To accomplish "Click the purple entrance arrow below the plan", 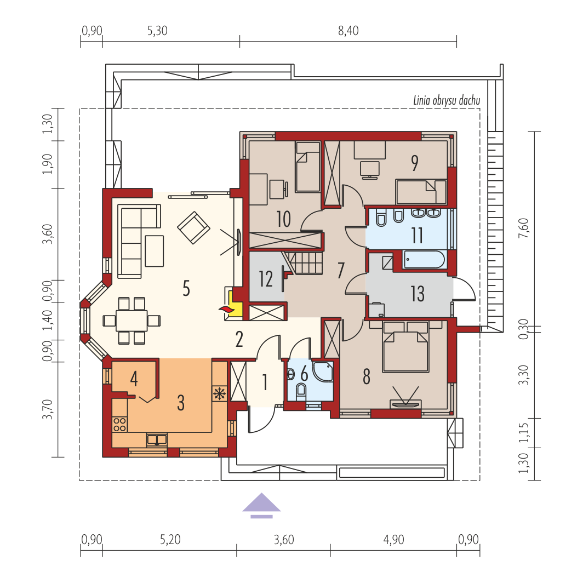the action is click(261, 505).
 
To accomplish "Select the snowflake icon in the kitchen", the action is click(219, 393).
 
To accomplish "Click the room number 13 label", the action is click(418, 294).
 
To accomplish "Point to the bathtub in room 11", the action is click(424, 259).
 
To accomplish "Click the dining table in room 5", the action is click(132, 321).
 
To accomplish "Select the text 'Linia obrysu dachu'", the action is click(447, 100).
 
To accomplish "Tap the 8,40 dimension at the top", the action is click(348, 31).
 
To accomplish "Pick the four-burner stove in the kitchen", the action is click(119, 424).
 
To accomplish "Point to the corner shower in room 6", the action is click(323, 371).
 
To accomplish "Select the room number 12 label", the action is click(266, 279).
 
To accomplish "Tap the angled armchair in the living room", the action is click(193, 227).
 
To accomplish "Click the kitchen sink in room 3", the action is click(157, 440).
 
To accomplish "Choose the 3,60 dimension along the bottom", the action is click(284, 540).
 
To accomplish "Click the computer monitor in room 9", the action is click(369, 170).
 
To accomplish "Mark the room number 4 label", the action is click(134, 379).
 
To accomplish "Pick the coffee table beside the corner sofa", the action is click(155, 251).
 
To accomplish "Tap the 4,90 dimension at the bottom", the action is click(394, 540).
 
